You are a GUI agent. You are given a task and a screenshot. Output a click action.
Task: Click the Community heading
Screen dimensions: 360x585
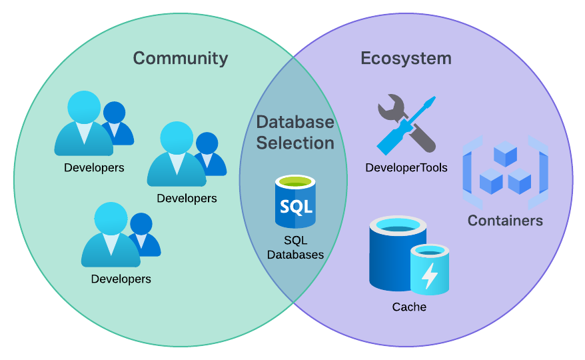point(180,58)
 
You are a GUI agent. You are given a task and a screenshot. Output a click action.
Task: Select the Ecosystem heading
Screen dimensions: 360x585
point(406,58)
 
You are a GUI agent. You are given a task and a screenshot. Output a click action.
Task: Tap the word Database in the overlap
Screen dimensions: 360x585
point(295,122)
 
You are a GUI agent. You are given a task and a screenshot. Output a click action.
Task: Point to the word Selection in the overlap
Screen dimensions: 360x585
point(295,143)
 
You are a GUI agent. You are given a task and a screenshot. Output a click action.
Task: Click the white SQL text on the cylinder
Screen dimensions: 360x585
point(295,207)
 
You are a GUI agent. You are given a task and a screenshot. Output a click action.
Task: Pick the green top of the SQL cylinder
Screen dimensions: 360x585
point(295,182)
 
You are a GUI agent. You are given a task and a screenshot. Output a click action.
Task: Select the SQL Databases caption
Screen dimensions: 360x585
point(295,247)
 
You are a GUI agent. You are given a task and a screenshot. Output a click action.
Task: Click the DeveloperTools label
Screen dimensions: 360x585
point(406,167)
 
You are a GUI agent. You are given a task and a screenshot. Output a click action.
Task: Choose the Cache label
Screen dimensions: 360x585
point(409,307)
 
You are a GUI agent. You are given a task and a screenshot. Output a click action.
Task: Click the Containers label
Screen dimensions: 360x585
point(505,221)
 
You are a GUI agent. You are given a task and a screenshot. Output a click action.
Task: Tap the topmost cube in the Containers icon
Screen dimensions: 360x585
point(505,153)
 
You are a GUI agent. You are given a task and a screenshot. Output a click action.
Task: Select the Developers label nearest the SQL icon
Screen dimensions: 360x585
point(187,199)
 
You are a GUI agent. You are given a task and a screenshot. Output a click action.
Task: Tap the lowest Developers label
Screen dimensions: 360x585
point(121,279)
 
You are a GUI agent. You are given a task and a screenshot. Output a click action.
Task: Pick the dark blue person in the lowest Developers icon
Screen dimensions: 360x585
point(142,230)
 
